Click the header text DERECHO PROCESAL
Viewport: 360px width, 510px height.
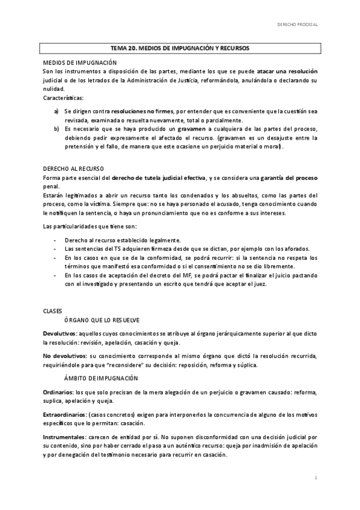coord(297,25)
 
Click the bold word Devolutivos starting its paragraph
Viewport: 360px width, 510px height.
coord(59,333)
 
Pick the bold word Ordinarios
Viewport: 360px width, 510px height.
coord(58,391)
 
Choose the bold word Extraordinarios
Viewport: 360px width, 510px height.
coord(64,414)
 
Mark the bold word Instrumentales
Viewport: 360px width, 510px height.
coord(63,436)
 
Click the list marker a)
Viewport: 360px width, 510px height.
coord(56,111)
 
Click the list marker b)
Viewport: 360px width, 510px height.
coord(56,129)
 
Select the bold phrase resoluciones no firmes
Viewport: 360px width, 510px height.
coord(141,111)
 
